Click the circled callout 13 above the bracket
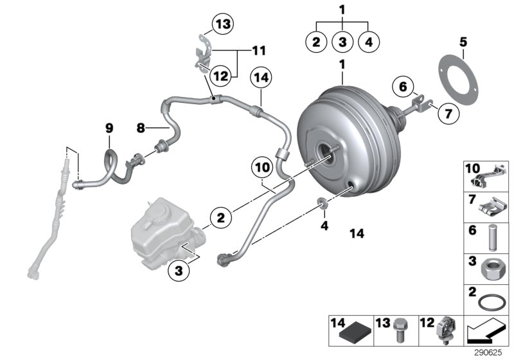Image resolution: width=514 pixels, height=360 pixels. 221,24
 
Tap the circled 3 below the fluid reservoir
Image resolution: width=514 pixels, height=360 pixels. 179,272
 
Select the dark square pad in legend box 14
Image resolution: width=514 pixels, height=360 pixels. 356,332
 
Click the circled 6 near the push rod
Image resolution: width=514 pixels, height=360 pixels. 402,86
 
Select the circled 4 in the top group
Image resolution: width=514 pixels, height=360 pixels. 369,42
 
